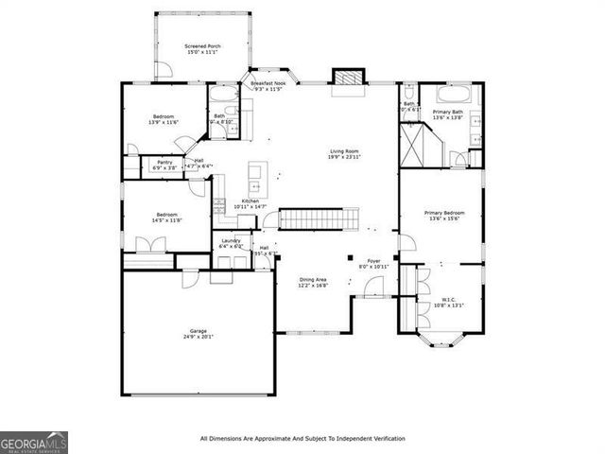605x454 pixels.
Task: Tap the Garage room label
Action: [199, 334]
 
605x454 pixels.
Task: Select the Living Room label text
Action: [344, 154]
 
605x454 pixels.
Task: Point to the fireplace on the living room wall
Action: [349, 79]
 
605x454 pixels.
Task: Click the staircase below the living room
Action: [318, 219]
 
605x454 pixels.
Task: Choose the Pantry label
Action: [164, 165]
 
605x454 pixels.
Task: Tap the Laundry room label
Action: [231, 243]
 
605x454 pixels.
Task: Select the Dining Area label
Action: [314, 282]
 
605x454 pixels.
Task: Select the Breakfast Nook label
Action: [268, 86]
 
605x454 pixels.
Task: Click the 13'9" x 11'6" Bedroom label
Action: [164, 119]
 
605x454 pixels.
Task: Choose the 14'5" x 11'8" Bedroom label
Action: [166, 217]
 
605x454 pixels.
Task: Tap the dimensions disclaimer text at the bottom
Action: [302, 439]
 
